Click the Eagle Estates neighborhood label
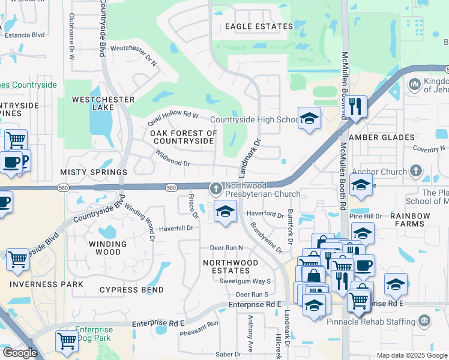pyautogui.click(x=259, y=26)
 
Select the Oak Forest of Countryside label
pyautogui.click(x=183, y=137)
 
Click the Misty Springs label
pyautogui.click(x=86, y=172)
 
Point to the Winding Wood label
pyautogui.click(x=108, y=248)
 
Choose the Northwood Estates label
pyautogui.click(x=231, y=267)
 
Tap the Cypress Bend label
pyautogui.click(x=131, y=290)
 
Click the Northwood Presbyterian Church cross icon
pyautogui.click(x=215, y=189)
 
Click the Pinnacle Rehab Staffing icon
pyautogui.click(x=425, y=321)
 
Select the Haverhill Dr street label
pyautogui.click(x=176, y=228)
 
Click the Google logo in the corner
pyautogui.click(x=19, y=353)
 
